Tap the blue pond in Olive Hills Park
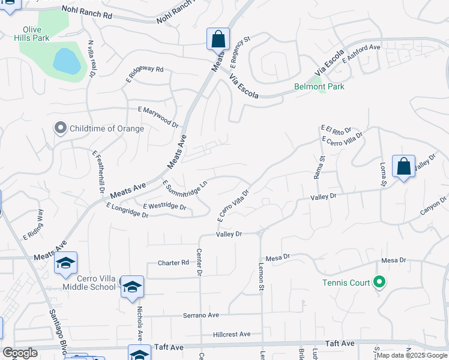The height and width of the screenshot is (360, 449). tap(67, 61)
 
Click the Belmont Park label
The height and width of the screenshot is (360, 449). tap(319, 86)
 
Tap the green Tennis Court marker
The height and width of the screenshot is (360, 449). tap(379, 281)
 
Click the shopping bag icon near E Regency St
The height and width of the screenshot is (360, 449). tap(218, 39)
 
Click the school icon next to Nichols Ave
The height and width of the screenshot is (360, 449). tap(133, 287)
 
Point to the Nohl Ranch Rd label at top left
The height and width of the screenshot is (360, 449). tap(87, 13)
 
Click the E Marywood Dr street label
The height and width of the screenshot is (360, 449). tap(158, 116)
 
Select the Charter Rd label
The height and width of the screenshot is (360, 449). tap(173, 263)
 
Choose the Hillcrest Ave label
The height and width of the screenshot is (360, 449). tap(232, 334)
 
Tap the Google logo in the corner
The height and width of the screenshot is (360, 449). tap(20, 353)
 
